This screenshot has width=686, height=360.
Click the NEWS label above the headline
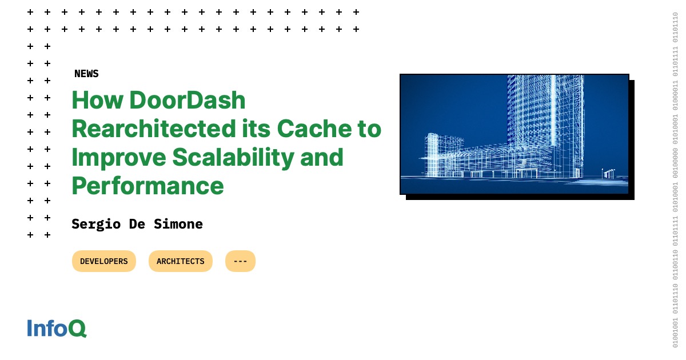(86, 74)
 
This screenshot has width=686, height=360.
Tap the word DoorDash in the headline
(187, 101)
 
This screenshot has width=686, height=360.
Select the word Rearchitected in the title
(150, 129)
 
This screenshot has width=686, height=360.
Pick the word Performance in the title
(147, 186)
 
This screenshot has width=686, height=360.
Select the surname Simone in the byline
(178, 224)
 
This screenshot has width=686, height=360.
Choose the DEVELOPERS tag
(104, 261)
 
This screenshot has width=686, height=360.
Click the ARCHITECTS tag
(180, 261)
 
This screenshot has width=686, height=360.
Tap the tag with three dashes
(240, 261)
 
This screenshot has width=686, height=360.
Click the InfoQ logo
(57, 328)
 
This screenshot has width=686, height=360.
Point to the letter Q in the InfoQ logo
(78, 329)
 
